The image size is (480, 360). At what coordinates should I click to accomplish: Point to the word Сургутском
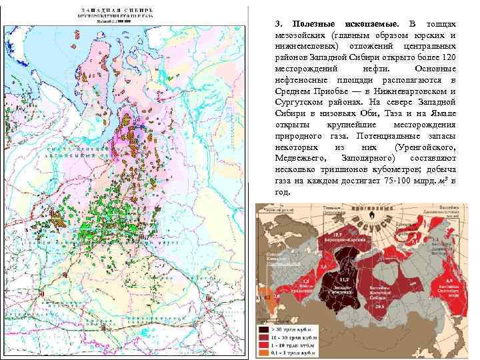tap(299, 102)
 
